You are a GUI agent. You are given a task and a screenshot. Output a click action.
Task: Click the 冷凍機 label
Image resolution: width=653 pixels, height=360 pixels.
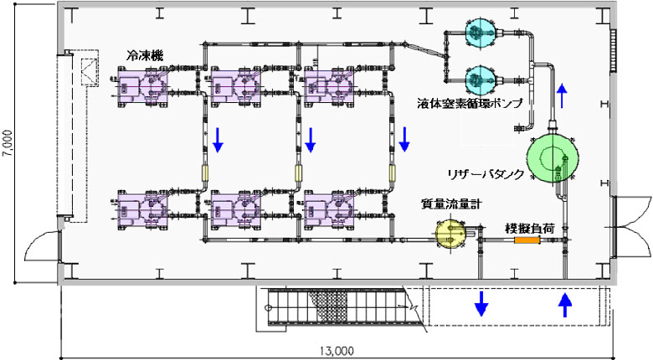pos(146,55)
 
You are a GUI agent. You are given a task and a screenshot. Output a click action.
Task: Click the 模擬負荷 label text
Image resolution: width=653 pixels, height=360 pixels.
pos(526,228)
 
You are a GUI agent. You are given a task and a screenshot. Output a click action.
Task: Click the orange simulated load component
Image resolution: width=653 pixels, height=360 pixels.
pos(526,240)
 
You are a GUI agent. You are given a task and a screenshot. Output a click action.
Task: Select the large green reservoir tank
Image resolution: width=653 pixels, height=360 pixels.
pos(553,157)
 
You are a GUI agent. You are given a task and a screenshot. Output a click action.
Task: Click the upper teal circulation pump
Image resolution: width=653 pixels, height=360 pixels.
pos(481,33)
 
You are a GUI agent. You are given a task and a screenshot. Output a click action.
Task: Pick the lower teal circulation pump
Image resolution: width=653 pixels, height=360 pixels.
pos(481,80)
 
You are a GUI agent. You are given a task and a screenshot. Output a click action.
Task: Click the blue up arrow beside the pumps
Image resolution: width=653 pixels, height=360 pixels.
pos(563,95)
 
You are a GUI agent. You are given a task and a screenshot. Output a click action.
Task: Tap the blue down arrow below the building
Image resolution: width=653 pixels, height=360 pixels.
pos(481,303)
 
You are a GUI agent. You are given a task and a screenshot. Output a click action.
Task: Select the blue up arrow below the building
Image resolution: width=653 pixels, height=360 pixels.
pos(565,303)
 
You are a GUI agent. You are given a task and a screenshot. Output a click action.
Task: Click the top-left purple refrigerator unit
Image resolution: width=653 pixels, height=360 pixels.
pos(142,85)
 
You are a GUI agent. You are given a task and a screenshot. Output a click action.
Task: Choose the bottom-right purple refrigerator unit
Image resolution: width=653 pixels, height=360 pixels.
pos(330,208)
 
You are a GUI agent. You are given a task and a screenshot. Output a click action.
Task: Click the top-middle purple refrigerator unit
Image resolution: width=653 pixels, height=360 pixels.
pos(236,85)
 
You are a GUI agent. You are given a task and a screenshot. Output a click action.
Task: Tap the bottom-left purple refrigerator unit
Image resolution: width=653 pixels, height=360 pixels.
pos(142,208)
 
